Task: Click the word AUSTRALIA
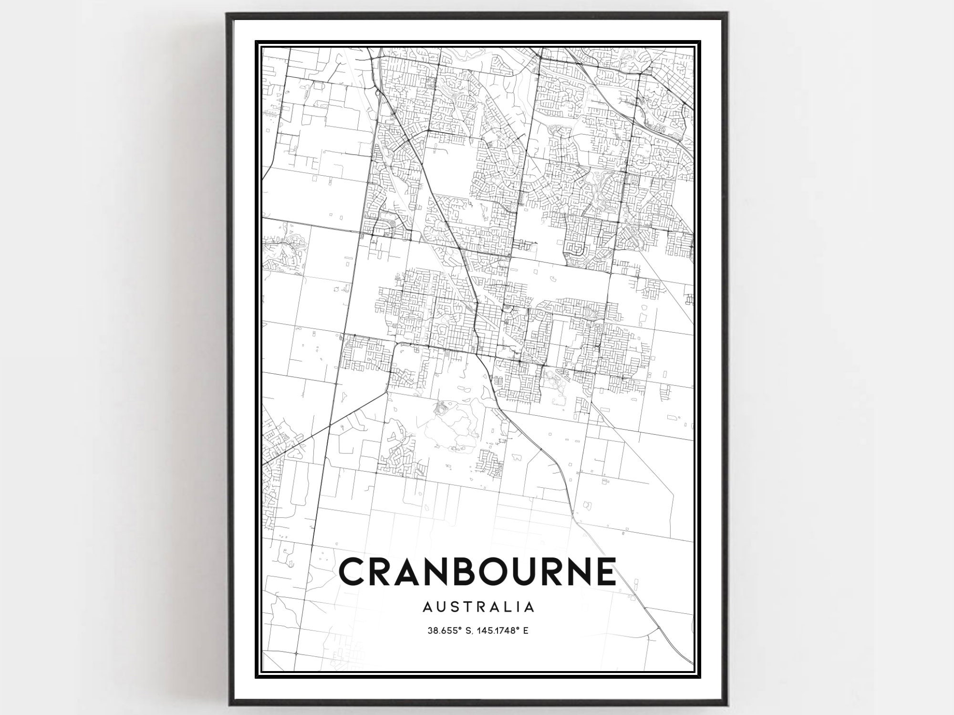click(x=478, y=607)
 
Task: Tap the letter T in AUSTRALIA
click(x=465, y=607)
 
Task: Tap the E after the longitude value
click(x=526, y=631)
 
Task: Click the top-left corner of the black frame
click(x=227, y=13)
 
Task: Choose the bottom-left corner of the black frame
click(x=227, y=704)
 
